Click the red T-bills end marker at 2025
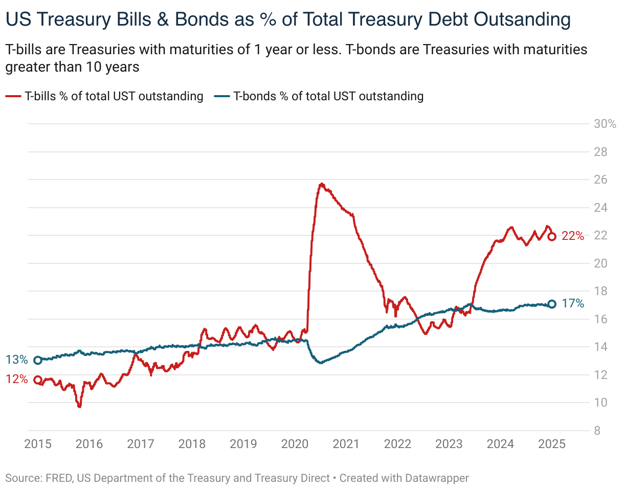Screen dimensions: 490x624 (x=552, y=236)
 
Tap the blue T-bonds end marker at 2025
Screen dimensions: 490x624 (x=552, y=304)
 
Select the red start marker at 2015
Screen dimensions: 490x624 (x=38, y=380)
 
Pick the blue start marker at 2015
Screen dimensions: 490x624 (x=38, y=360)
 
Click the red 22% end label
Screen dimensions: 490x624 (x=572, y=236)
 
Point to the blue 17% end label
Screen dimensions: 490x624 (x=572, y=304)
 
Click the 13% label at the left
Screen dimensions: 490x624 (x=17, y=360)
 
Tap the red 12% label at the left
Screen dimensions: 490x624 (x=17, y=380)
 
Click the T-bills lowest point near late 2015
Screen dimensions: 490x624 (x=79, y=407)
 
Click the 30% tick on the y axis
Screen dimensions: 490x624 (x=604, y=124)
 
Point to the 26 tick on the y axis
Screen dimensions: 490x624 (x=600, y=180)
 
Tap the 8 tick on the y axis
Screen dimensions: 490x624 (x=597, y=431)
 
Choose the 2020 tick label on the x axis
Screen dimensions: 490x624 (x=295, y=444)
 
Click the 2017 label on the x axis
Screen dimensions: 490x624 (x=140, y=444)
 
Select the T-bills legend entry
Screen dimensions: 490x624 (x=105, y=96)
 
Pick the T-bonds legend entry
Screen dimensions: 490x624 (x=319, y=96)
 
